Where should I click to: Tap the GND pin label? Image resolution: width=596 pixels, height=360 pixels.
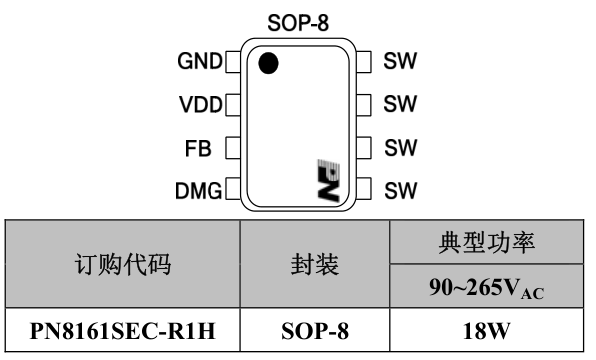pos(200,61)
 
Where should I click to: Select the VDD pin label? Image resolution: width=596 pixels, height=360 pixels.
pos(200,103)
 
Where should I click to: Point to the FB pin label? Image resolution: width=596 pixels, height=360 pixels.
pos(199,146)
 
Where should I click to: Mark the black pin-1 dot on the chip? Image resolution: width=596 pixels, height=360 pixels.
pos(267,65)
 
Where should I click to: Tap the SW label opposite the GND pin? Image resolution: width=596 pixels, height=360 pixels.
pos(400,61)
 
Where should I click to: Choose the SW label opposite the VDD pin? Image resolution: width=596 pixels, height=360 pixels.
pos(400,103)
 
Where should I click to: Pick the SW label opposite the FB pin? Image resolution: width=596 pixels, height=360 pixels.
pos(400,146)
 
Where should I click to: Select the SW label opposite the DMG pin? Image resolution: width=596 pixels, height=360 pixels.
pos(400,188)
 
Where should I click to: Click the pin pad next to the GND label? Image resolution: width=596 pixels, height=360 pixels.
pos(234,62)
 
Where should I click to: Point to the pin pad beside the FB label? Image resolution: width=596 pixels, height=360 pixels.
pos(234,146)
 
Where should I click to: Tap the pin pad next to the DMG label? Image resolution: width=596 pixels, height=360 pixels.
pos(234,188)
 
